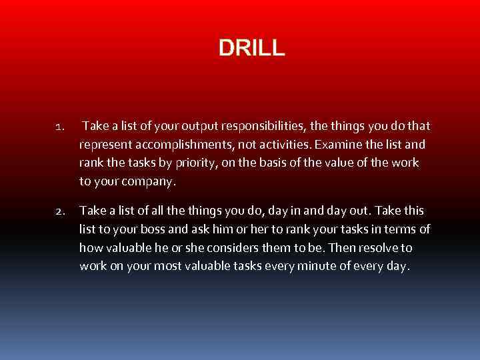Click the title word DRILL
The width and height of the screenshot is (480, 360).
point(251,47)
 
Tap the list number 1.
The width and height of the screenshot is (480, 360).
point(59,127)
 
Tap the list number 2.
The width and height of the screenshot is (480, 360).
point(59,212)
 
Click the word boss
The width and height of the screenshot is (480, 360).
point(177,230)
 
